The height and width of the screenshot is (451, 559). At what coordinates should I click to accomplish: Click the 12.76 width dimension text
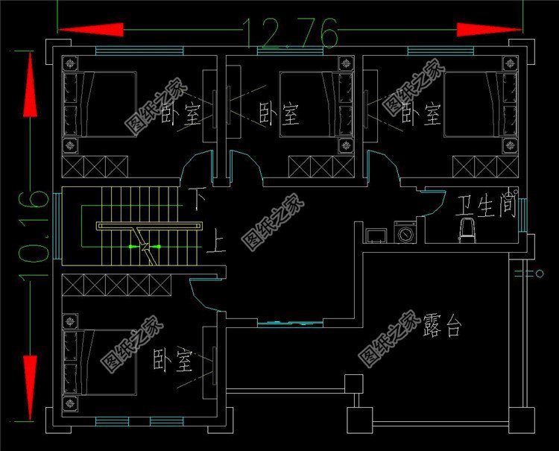pos(291,33)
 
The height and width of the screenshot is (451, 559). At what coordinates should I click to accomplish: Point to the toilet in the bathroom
pos(467,230)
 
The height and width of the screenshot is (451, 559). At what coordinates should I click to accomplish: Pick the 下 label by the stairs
pos(196,200)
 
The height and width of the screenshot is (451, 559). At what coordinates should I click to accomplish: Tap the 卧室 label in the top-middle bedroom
pos(279,114)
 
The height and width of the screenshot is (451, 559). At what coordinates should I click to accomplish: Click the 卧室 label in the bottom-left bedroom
pos(173,361)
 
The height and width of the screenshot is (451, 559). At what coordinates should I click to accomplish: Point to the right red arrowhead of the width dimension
pos(489,30)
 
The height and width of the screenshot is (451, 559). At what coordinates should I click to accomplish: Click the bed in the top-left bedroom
pos(104,104)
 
